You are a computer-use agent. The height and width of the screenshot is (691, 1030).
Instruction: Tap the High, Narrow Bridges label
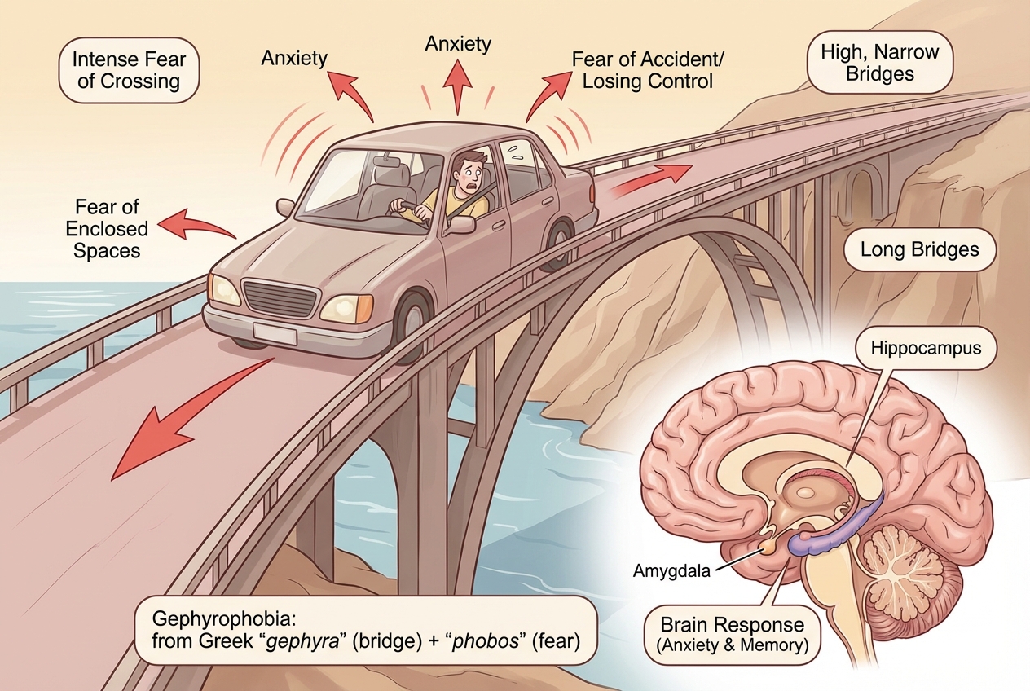(x=879, y=63)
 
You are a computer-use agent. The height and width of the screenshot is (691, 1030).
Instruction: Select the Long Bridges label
(x=920, y=249)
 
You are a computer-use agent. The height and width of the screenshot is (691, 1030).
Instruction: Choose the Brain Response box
(x=732, y=634)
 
